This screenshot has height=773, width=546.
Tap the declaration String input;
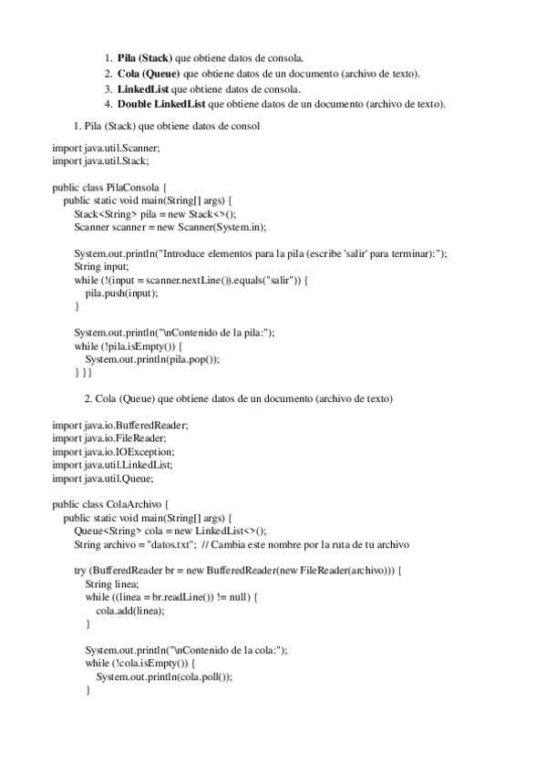(x=101, y=266)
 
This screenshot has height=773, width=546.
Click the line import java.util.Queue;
(x=103, y=478)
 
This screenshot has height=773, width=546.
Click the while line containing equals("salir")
(x=191, y=279)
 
